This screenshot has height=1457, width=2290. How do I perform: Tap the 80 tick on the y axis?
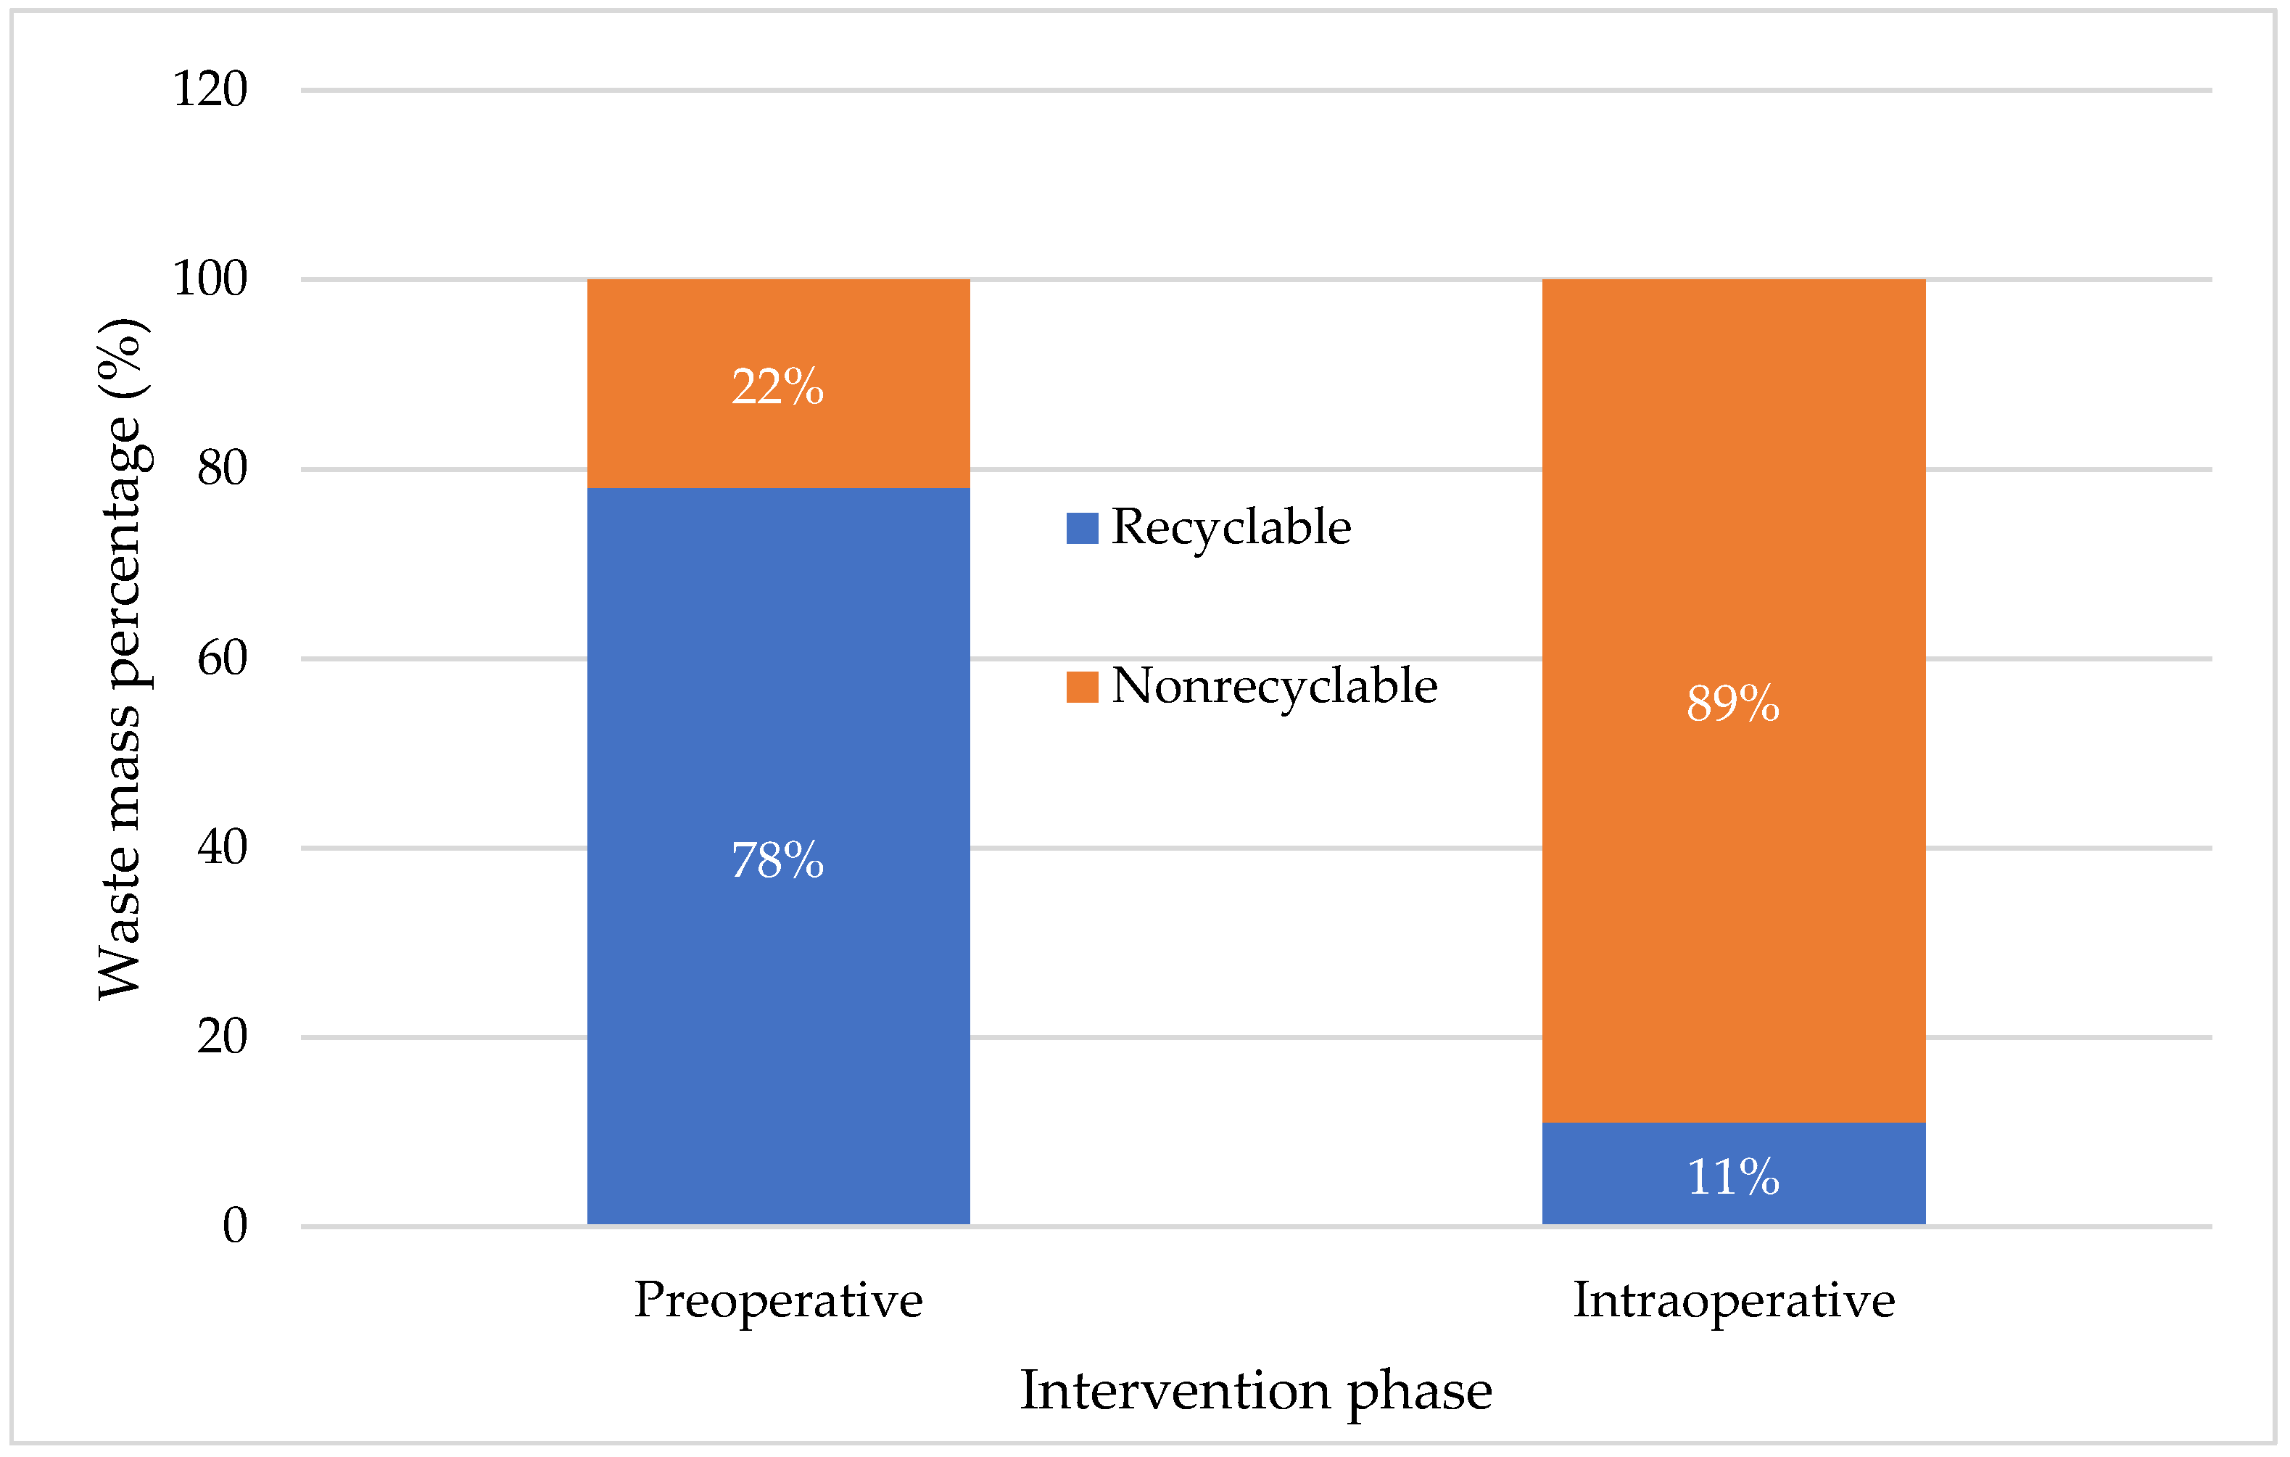tap(222, 468)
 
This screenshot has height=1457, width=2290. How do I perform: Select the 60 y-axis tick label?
tap(222, 658)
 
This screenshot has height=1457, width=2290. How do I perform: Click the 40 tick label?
tap(222, 847)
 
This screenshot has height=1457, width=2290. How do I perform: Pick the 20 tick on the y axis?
tap(222, 1036)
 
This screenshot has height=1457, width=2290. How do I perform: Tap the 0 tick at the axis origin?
tap(234, 1226)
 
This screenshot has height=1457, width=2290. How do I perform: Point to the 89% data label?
tap(1732, 703)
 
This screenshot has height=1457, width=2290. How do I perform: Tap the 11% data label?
tap(1732, 1177)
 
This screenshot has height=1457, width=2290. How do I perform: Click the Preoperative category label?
tap(778, 1301)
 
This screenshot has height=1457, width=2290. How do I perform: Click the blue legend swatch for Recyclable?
tap(1082, 528)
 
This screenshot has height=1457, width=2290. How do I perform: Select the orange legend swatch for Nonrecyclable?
tap(1082, 687)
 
